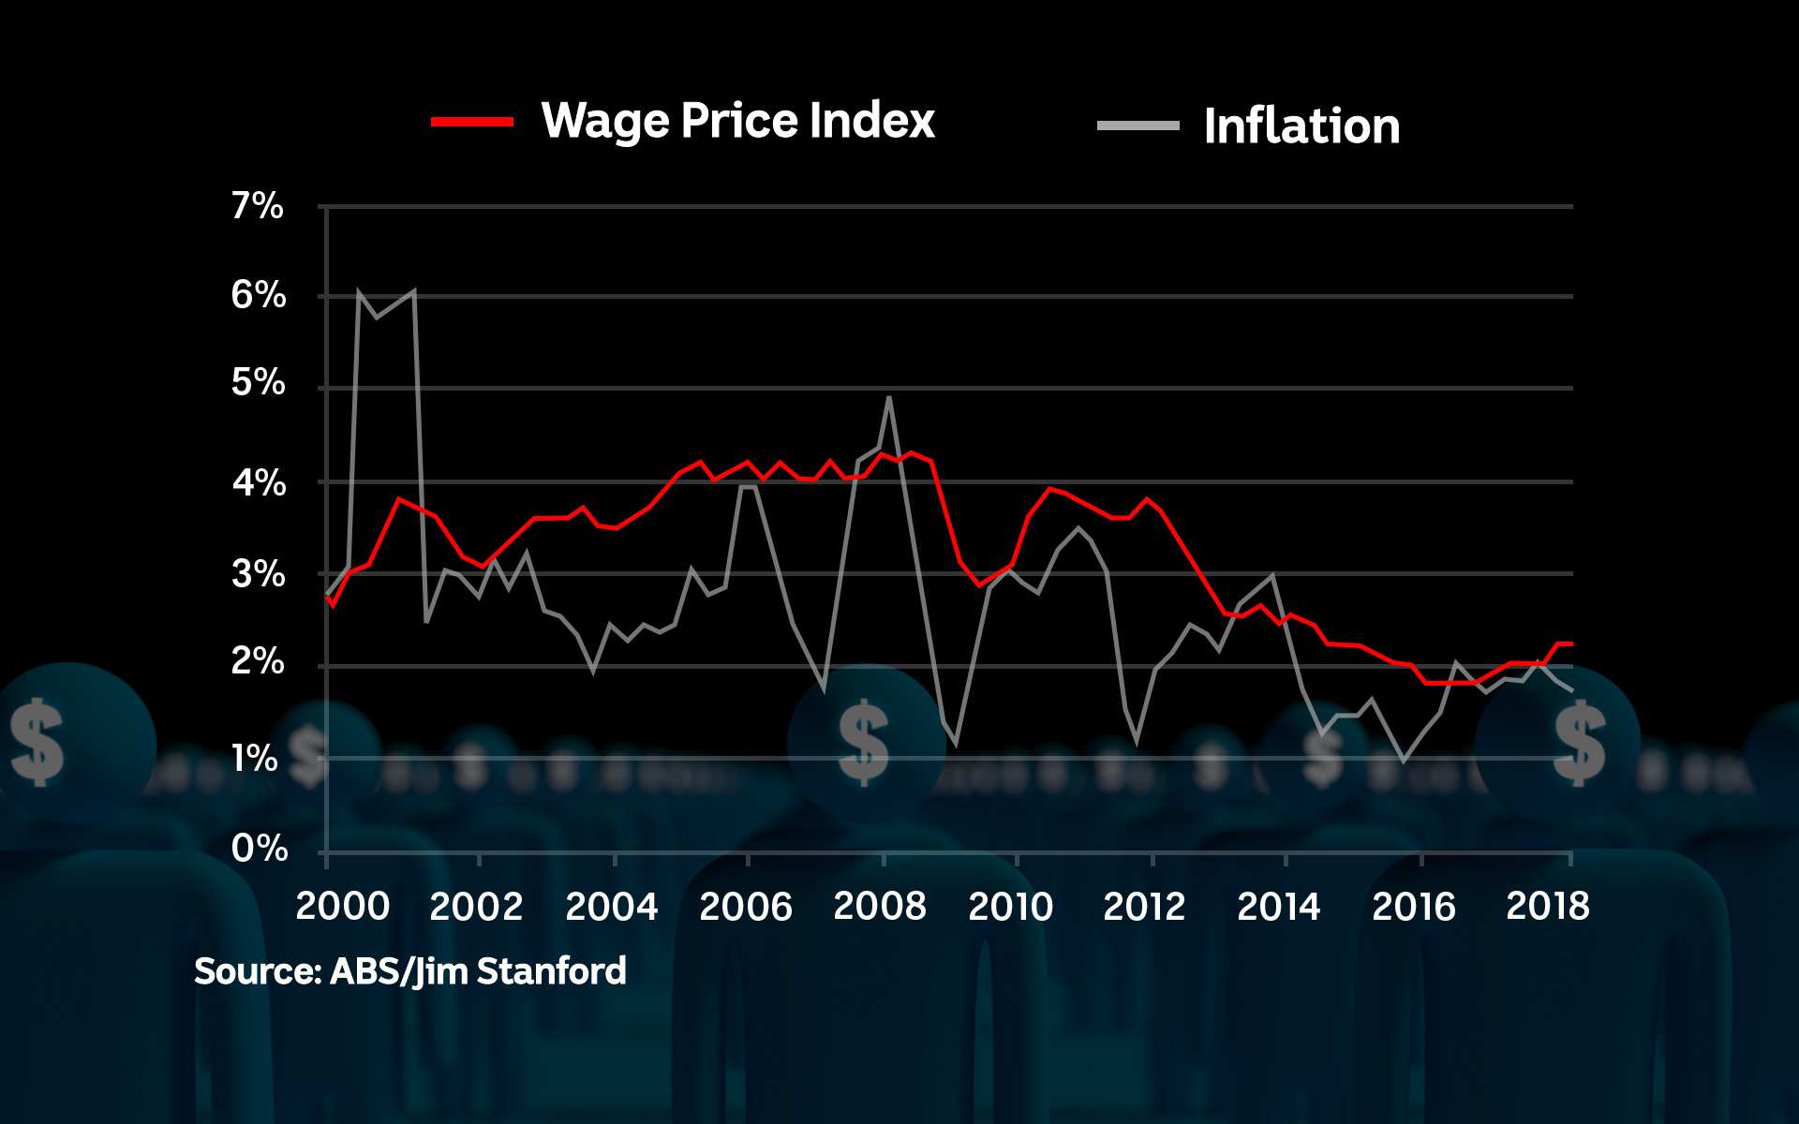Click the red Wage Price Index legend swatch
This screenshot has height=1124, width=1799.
pyautogui.click(x=472, y=122)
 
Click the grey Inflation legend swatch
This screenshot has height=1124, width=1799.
pyautogui.click(x=1137, y=126)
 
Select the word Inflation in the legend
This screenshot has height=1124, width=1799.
pyautogui.click(x=1301, y=126)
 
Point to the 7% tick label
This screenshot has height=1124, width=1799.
pyautogui.click(x=257, y=206)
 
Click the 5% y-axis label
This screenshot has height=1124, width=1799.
pyautogui.click(x=258, y=382)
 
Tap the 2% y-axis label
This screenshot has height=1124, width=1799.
pyautogui.click(x=257, y=662)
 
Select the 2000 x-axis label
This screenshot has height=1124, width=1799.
pyautogui.click(x=342, y=907)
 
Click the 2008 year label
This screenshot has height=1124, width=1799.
pyautogui.click(x=879, y=907)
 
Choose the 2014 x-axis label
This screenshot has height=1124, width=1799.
pyautogui.click(x=1278, y=907)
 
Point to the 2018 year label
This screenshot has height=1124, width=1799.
pyautogui.click(x=1547, y=907)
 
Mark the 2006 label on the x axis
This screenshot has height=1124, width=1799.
pyautogui.click(x=745, y=907)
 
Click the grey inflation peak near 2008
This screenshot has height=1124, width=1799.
pyautogui.click(x=889, y=398)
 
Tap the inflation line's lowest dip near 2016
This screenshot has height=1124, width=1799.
pyautogui.click(x=1404, y=762)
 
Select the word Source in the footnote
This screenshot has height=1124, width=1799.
pyautogui.click(x=255, y=971)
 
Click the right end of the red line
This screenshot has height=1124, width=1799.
pyautogui.click(x=1570, y=643)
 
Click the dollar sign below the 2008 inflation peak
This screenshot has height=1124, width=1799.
pyautogui.click(x=863, y=744)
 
